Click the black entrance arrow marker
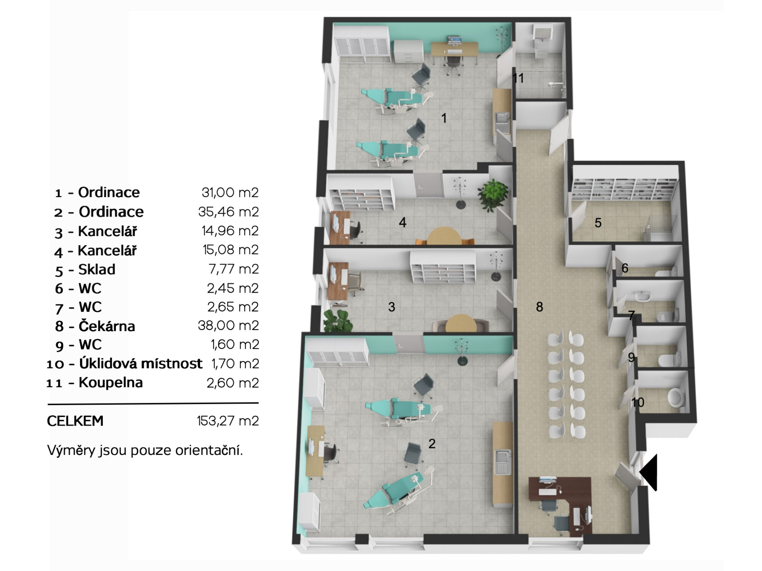pyautogui.click(x=649, y=472)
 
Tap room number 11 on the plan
pyautogui.click(x=518, y=78)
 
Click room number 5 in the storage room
pyautogui.click(x=598, y=223)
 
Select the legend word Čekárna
pyautogui.click(x=107, y=326)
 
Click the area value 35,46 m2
pyautogui.click(x=228, y=212)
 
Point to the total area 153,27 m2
pyautogui.click(x=228, y=421)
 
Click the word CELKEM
pyautogui.click(x=75, y=421)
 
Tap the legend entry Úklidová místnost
pyautogui.click(x=141, y=364)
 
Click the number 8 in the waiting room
pyautogui.click(x=539, y=307)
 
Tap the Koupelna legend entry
pyautogui.click(x=110, y=383)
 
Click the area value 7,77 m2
pyautogui.click(x=234, y=269)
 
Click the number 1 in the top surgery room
pyautogui.click(x=443, y=118)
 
